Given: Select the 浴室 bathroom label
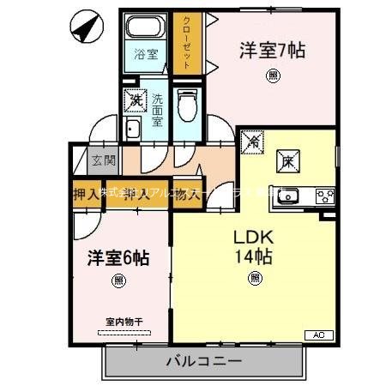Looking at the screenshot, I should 146,54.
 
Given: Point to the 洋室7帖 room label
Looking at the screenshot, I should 273,50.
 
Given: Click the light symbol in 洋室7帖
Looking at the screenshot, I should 273,75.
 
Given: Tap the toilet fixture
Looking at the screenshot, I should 185,108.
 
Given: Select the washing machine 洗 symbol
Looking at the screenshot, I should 136,100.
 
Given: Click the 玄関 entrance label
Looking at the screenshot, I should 104,159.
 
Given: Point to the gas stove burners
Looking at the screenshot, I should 325,194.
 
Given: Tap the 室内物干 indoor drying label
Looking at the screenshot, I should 124,322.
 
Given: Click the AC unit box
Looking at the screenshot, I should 317,335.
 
